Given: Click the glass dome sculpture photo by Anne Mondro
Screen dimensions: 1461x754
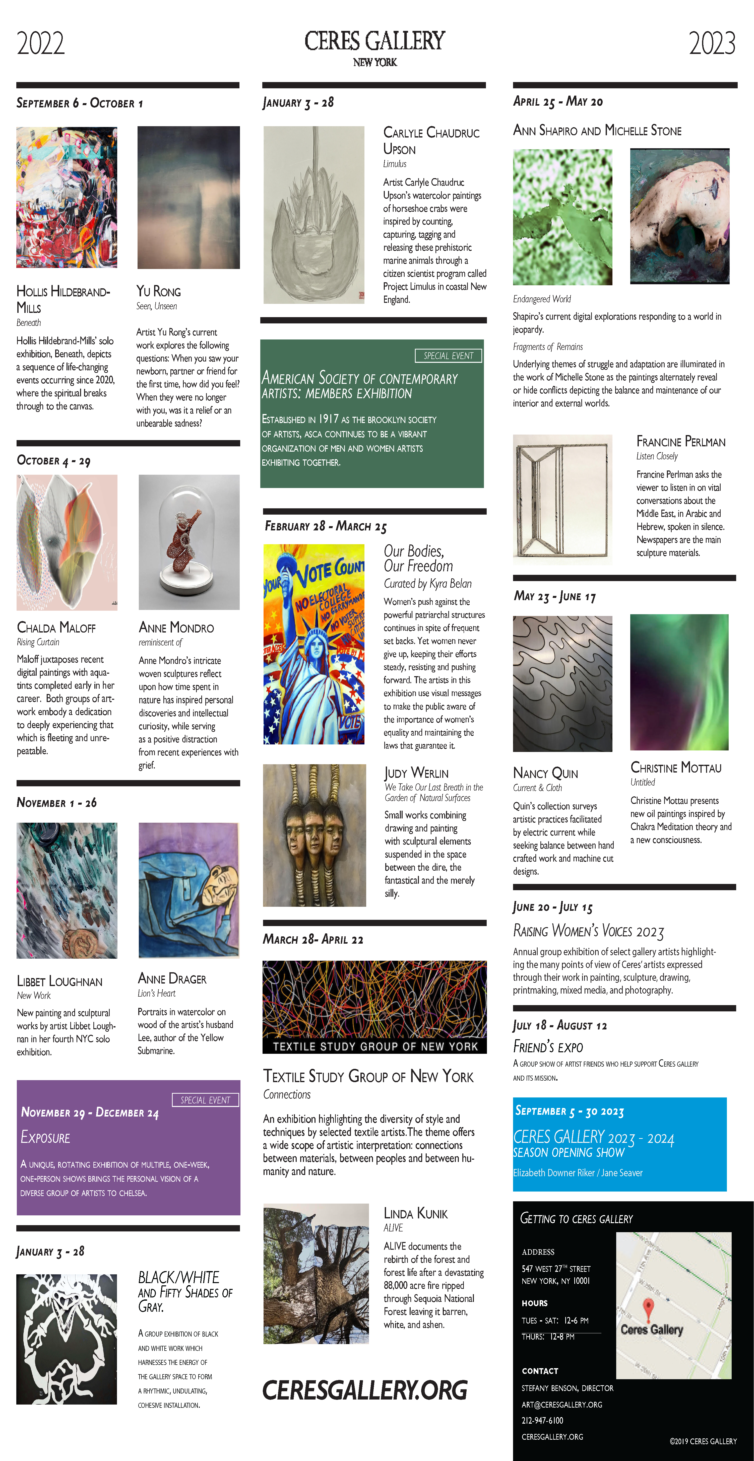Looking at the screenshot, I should (x=189, y=542).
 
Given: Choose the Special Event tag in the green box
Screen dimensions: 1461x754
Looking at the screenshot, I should (x=448, y=356).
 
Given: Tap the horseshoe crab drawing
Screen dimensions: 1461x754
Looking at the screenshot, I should (x=314, y=216).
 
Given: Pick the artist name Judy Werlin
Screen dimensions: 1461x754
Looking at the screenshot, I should (x=416, y=773).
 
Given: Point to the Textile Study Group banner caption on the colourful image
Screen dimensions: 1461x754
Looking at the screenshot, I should (x=375, y=1047).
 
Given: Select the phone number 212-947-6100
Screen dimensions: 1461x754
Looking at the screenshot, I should (x=542, y=1420).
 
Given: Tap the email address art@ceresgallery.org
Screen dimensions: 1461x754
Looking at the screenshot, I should (x=562, y=1404).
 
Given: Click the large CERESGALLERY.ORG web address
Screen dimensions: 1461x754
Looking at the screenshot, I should (x=365, y=1390).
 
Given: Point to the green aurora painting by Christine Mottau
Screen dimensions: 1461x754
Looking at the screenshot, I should (x=679, y=682).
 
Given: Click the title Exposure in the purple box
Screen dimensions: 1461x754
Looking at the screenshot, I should (x=45, y=1137).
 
